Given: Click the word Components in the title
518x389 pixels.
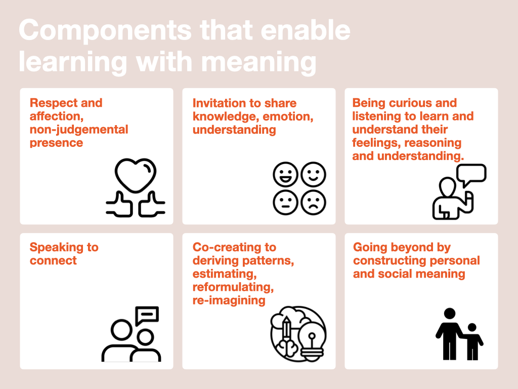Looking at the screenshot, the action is click(x=105, y=30).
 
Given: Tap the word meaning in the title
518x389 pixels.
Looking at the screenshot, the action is click(x=259, y=63).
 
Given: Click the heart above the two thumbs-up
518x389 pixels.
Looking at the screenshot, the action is click(x=136, y=175).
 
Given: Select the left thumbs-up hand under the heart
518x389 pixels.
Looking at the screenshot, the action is click(x=119, y=205).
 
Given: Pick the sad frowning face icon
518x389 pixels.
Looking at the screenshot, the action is click(x=313, y=203).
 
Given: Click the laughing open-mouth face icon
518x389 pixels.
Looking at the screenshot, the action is click(x=285, y=174).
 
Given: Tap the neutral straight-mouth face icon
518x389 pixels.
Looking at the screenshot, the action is click(x=285, y=203).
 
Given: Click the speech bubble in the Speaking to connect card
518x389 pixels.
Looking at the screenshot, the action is click(x=147, y=315).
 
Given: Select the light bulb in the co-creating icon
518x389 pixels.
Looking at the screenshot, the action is click(x=312, y=340).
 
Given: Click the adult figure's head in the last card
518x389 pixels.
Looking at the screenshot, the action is click(x=450, y=313).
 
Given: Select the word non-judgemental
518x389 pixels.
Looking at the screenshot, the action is click(x=79, y=129).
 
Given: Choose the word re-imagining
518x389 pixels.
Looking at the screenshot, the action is click(x=229, y=300).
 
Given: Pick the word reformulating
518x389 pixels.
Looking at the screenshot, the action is click(x=233, y=287).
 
